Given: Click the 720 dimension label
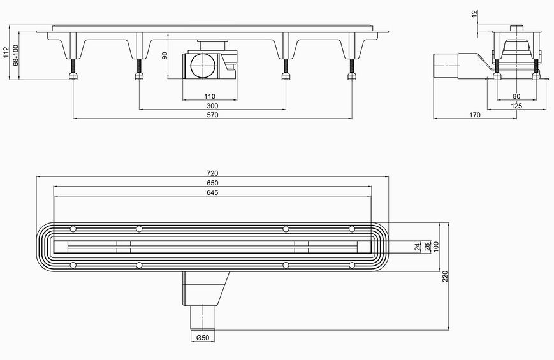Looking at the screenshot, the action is pos(212,173).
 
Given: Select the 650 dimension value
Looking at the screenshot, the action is pos(212,183).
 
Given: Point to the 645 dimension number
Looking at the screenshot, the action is pos(212,192).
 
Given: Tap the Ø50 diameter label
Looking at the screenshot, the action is pos(203,338).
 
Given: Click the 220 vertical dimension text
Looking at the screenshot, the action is pos(445,277).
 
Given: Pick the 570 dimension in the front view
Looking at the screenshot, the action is pos(212,115).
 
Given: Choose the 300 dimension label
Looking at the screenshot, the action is pos(212,106).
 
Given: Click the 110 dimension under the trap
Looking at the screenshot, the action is pos(210,96).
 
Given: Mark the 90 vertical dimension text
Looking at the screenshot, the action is pos(164,55).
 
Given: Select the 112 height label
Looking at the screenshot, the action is pos(5,52).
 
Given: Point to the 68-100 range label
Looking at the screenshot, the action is pos(15,55).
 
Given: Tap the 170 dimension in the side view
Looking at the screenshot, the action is pos(475,115).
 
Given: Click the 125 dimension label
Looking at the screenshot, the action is pos(516,106).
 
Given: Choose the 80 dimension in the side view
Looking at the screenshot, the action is pos(516,96).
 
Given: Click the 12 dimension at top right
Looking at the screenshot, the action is pos(474,13).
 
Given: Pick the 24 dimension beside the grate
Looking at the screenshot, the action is pos(418,247).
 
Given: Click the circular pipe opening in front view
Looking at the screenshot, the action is pos(201,66).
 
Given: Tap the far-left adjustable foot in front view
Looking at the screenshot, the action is pos(73,69).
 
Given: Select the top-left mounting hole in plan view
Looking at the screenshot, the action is pos(73,229).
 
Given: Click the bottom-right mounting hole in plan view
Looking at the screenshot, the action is pos(351,265).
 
